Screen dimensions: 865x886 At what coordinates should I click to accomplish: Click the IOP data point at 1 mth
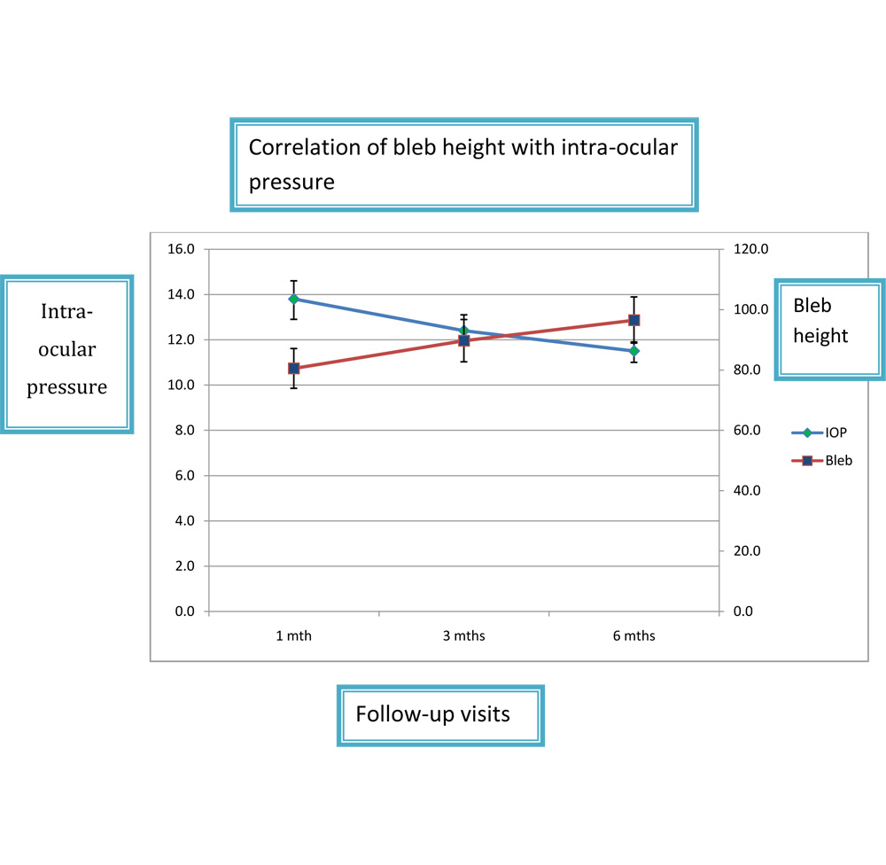point(293,299)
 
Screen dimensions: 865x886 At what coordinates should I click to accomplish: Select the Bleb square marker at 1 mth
point(293,368)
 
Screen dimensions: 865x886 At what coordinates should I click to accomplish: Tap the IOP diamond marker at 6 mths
point(634,351)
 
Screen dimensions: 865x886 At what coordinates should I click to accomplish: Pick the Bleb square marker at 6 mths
point(634,320)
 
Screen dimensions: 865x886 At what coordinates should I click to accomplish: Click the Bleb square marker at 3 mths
point(463,340)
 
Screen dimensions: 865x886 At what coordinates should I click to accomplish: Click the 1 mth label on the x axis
point(293,635)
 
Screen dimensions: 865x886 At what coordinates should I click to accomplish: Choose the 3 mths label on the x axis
point(463,635)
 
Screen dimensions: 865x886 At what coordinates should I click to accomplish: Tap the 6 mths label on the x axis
point(634,635)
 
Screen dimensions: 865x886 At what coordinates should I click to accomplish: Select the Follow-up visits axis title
point(432,713)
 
